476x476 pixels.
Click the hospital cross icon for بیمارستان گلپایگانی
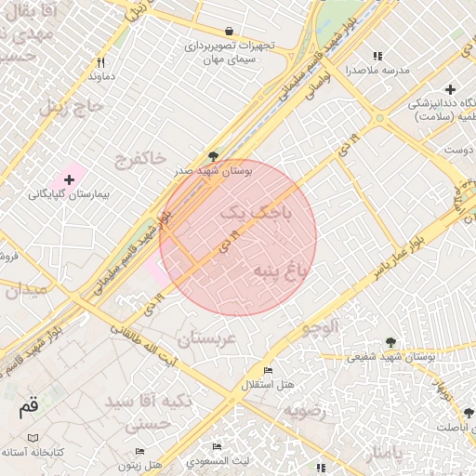click(69, 178)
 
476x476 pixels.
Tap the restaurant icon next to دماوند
click(99, 62)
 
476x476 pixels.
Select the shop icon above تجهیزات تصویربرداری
click(229, 31)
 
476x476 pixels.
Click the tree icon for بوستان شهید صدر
click(215, 156)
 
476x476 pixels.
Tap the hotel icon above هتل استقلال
click(268, 370)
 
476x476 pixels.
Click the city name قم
click(29, 407)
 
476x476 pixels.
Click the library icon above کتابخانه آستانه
click(33, 437)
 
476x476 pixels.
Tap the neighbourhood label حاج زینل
click(68, 107)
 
